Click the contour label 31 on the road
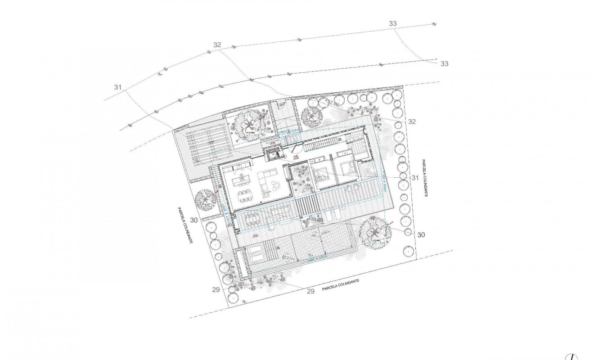(x=118, y=87)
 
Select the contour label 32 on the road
(x=217, y=45)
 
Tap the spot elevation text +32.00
(x=333, y=103)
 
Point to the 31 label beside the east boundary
(x=415, y=178)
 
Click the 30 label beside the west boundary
(x=194, y=220)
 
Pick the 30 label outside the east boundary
(x=421, y=235)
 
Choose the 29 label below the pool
(x=310, y=292)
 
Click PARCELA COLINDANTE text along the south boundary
(x=341, y=285)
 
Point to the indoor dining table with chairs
(x=246, y=197)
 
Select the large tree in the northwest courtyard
(x=249, y=126)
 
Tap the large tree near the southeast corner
(x=373, y=232)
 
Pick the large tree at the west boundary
(x=205, y=198)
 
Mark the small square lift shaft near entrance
(x=273, y=155)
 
